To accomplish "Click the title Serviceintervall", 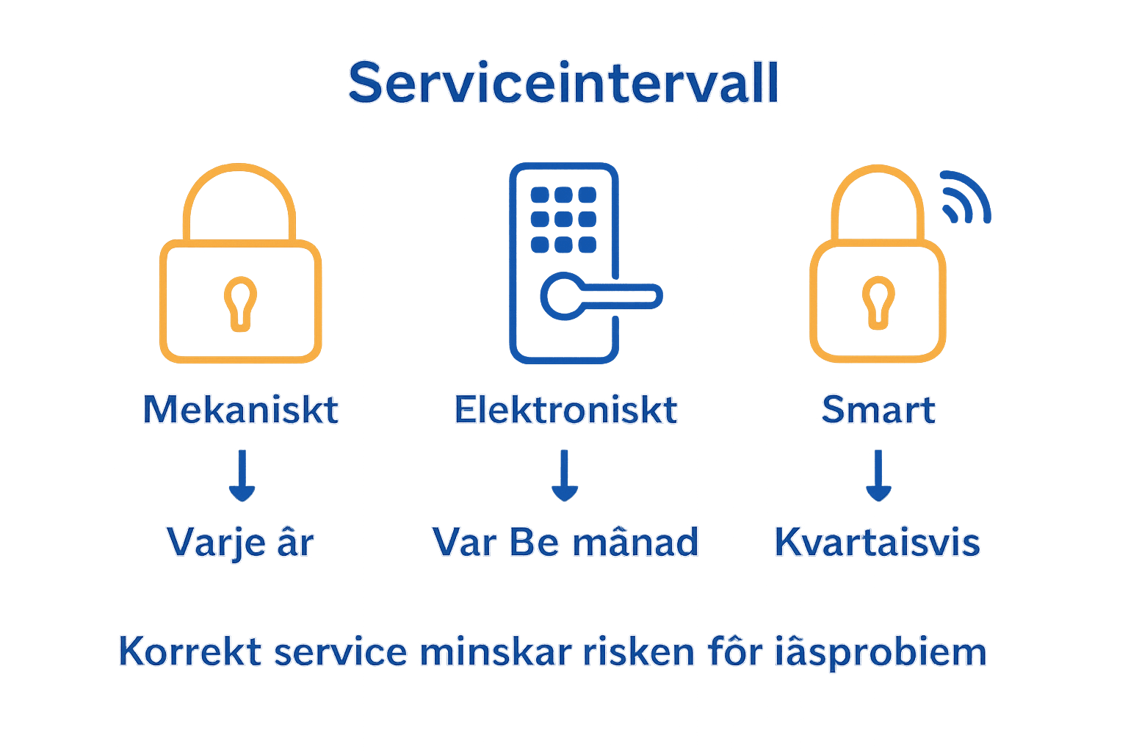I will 563,82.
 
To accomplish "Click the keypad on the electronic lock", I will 563,219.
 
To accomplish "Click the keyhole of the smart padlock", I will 878,302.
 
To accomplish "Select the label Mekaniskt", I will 240,410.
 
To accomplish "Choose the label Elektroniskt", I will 565,410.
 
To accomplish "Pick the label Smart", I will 878,410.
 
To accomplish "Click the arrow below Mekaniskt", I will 242,476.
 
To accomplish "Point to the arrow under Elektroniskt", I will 564,476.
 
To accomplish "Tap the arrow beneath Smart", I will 878,476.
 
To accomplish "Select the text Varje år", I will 240,543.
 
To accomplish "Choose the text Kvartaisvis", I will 878,543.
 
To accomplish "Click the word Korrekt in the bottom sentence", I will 190,652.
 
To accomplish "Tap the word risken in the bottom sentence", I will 638,652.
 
